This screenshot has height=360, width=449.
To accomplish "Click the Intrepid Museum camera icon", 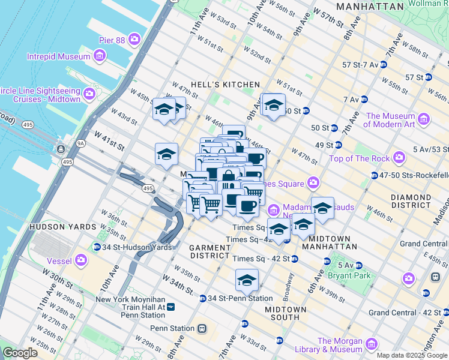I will [x=100, y=57].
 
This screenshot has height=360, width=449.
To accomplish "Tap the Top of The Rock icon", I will [x=399, y=158].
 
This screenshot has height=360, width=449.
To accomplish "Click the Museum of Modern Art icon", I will [x=424, y=119].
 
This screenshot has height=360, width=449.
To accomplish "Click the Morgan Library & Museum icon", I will [x=372, y=344].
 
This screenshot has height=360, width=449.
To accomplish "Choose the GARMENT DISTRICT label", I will [x=210, y=251].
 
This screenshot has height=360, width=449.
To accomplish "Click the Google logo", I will [x=20, y=353].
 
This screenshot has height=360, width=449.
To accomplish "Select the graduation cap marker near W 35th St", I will [x=246, y=280].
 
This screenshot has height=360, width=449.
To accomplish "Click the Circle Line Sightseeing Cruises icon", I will [x=89, y=94].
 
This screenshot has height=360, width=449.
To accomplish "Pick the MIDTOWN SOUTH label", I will [x=285, y=313].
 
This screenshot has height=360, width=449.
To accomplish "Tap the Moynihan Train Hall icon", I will [x=171, y=307].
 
